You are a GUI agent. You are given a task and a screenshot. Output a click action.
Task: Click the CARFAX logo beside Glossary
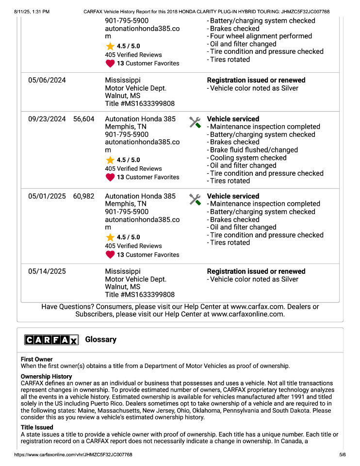click(51, 340)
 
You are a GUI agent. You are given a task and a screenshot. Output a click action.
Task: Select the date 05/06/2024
click(47, 80)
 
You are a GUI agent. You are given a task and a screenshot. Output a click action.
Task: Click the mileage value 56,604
click(84, 119)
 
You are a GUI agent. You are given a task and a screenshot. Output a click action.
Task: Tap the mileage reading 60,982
click(84, 196)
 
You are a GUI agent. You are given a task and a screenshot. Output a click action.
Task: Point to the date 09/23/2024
click(47, 119)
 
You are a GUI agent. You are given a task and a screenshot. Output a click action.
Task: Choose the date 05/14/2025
click(47, 271)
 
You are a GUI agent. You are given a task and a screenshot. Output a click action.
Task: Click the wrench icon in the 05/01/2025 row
click(195, 199)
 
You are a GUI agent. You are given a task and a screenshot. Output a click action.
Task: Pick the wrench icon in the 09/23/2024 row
click(195, 122)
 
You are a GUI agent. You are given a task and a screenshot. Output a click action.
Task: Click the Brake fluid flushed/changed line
click(254, 150)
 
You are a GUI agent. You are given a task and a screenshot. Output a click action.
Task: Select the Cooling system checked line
click(249, 158)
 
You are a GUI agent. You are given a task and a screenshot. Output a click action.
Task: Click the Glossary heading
click(100, 339)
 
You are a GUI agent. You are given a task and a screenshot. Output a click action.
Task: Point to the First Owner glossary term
click(37, 359)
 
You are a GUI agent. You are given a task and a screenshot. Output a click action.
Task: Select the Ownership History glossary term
click(46, 376)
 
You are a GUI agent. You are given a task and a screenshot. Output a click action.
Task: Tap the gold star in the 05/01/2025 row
click(110, 237)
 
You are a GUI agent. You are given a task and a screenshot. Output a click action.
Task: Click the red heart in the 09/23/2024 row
click(110, 177)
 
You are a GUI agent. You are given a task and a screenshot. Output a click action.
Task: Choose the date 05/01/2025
click(47, 196)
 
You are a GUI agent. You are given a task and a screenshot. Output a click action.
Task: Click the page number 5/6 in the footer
click(342, 455)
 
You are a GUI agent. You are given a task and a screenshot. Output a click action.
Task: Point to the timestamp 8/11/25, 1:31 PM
click(32, 11)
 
